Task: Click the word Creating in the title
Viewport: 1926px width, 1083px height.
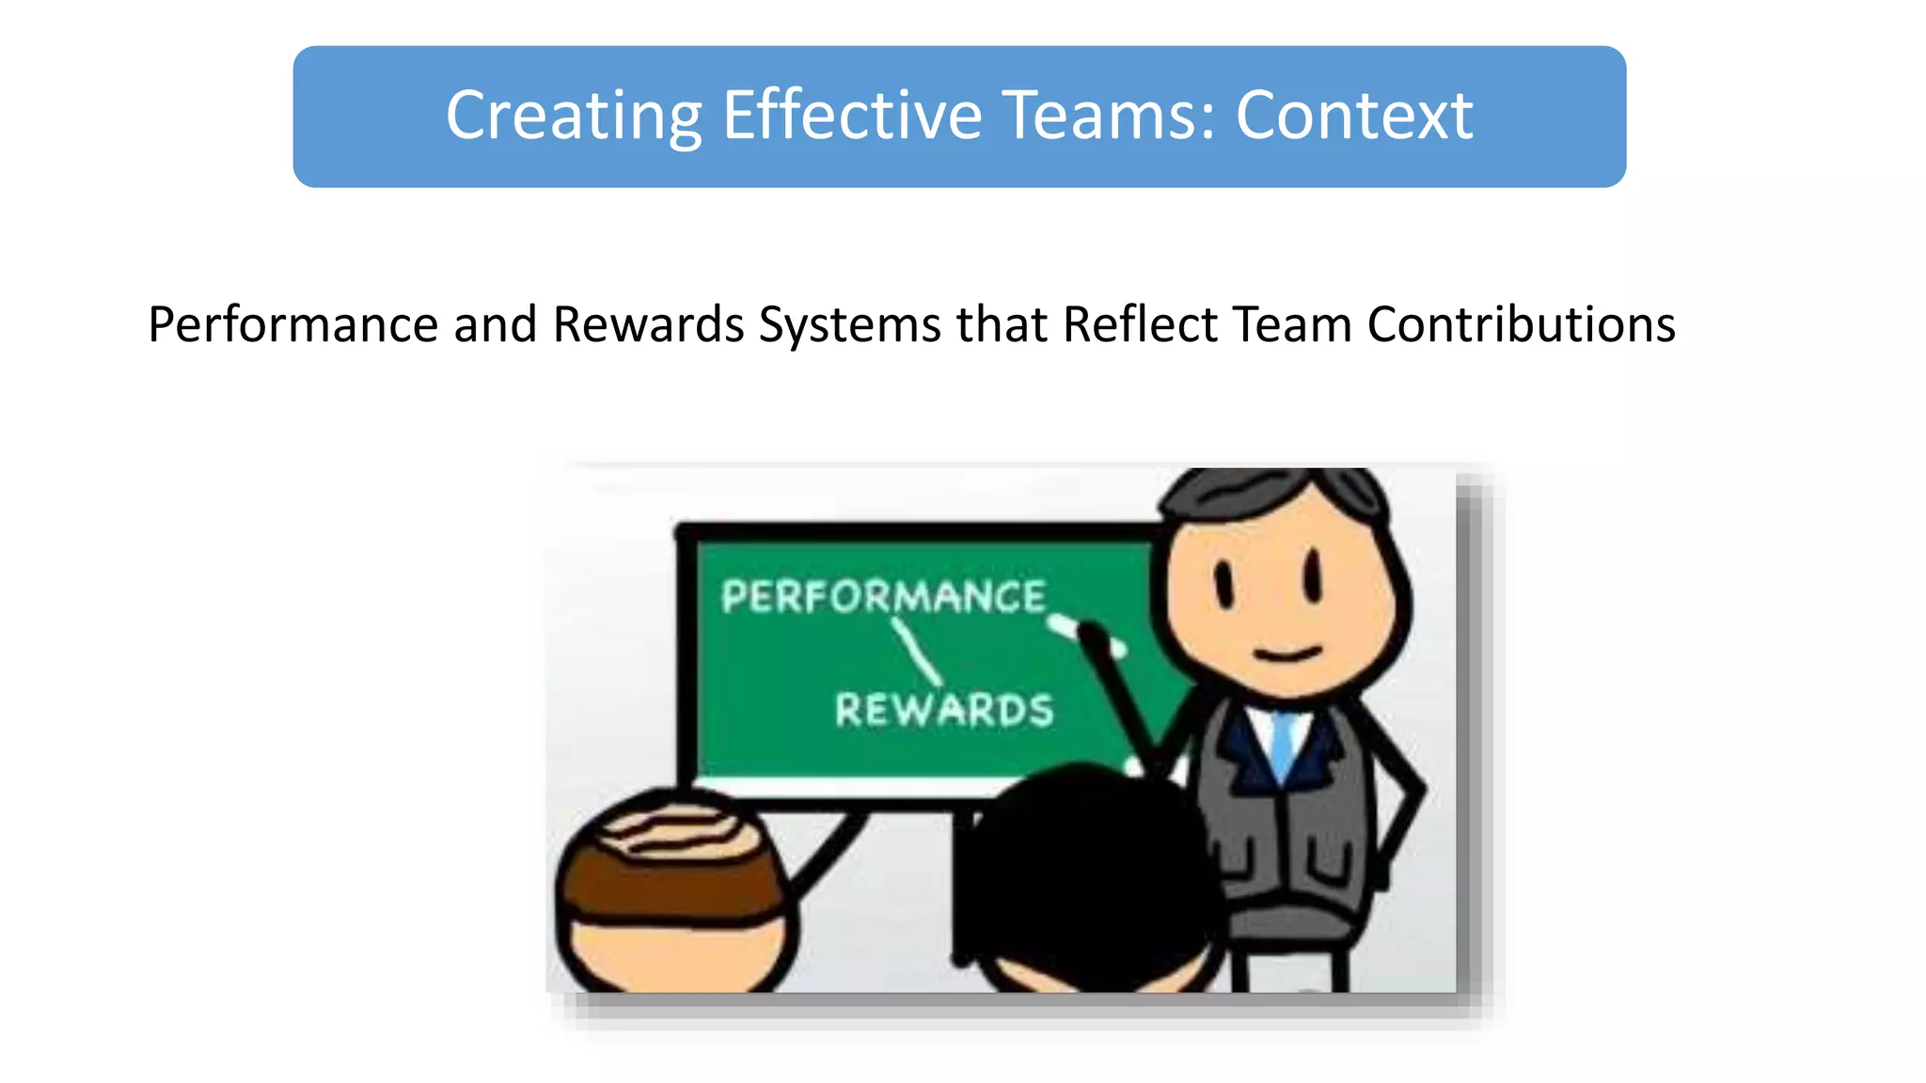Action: [x=574, y=117]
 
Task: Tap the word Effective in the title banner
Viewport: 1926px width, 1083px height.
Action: [x=852, y=117]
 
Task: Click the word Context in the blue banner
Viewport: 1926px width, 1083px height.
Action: [x=1353, y=117]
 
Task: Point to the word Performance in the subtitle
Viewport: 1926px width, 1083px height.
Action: [x=292, y=325]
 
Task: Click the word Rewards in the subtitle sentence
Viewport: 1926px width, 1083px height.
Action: [x=648, y=325]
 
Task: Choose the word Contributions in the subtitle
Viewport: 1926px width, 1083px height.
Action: [x=1521, y=325]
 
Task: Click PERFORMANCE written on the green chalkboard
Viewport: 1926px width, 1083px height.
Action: [x=883, y=597]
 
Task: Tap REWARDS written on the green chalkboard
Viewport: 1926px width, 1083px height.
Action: [x=944, y=710]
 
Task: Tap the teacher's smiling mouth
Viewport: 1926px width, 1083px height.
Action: [x=1287, y=651]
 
